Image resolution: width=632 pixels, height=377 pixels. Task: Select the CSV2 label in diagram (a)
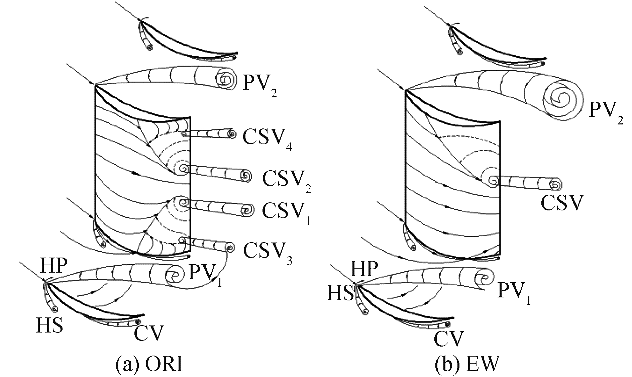pyautogui.click(x=287, y=181)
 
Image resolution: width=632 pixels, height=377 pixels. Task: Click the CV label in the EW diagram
pyautogui.click(x=449, y=339)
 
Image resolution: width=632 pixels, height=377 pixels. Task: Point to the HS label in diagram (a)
pyautogui.click(x=49, y=325)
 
